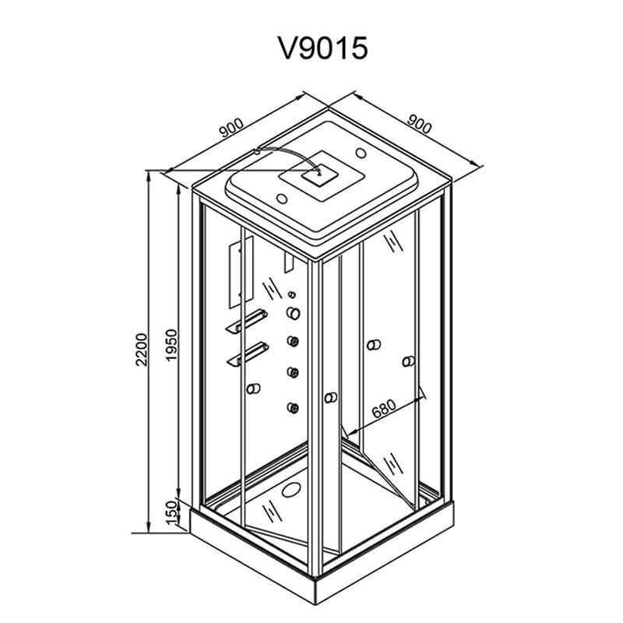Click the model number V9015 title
pyautogui.click(x=322, y=48)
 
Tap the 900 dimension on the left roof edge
pyautogui.click(x=231, y=128)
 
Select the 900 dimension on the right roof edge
pyautogui.click(x=419, y=124)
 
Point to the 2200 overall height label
pyautogui.click(x=142, y=349)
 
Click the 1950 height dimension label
pyautogui.click(x=171, y=344)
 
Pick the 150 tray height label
pyautogui.click(x=171, y=512)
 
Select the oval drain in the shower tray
pyautogui.click(x=291, y=490)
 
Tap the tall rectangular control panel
pyautogui.click(x=241, y=272)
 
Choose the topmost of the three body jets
pyautogui.click(x=294, y=341)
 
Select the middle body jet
pyautogui.click(x=294, y=372)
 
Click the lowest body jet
pyautogui.click(x=294, y=407)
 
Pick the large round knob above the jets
pyautogui.click(x=294, y=313)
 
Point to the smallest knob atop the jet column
pyautogui.click(x=293, y=294)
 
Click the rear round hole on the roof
pyautogui.click(x=361, y=153)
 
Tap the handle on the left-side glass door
pyautogui.click(x=253, y=388)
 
